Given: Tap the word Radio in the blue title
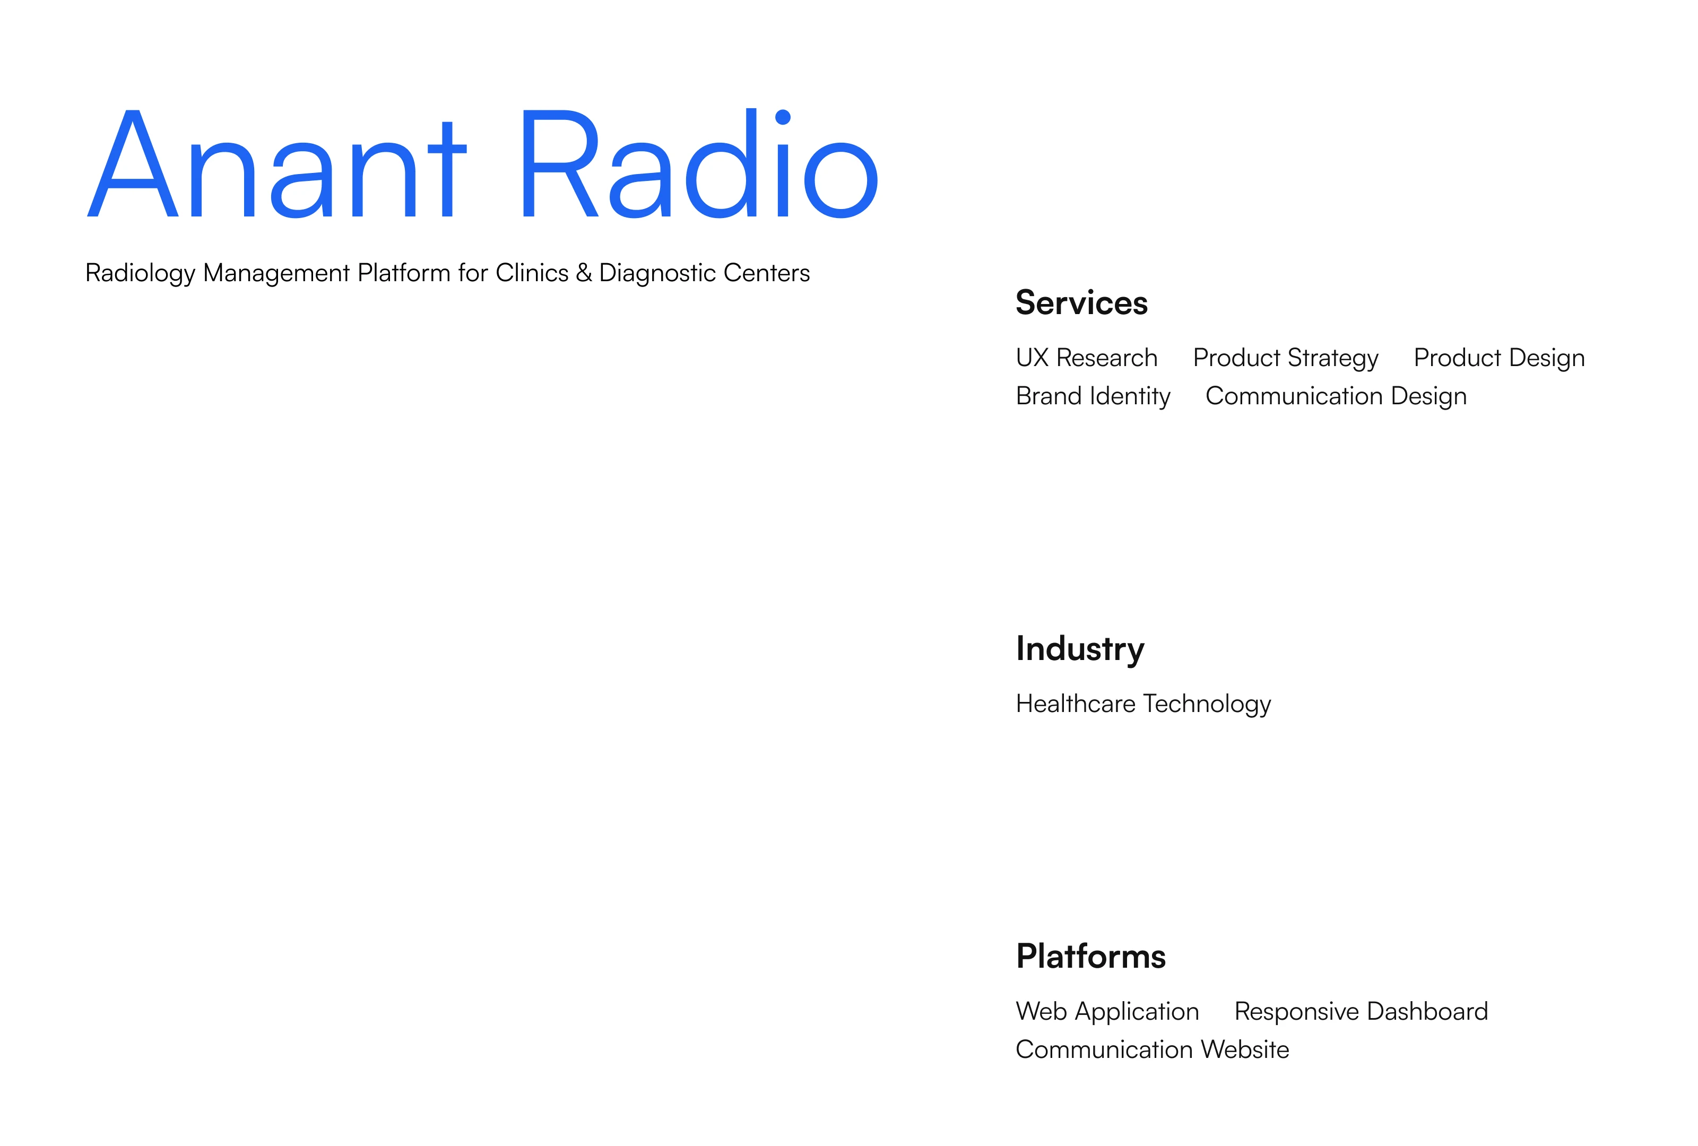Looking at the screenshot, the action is [700, 163].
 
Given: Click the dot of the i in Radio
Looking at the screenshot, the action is [783, 117].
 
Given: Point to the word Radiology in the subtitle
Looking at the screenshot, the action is [140, 273].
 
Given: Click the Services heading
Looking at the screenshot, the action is [1081, 302].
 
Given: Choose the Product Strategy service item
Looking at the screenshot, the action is [1285, 358].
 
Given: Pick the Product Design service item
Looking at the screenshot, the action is [1499, 358].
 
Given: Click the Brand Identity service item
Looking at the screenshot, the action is [1093, 396].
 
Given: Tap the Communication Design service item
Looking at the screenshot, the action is [1336, 396].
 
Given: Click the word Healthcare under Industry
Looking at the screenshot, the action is [1076, 704].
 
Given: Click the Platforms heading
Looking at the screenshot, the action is [1091, 956].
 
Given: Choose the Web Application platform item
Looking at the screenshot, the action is [1107, 1012].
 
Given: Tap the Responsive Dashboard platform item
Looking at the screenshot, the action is [1361, 1012].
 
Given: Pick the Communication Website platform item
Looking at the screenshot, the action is [1152, 1049].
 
